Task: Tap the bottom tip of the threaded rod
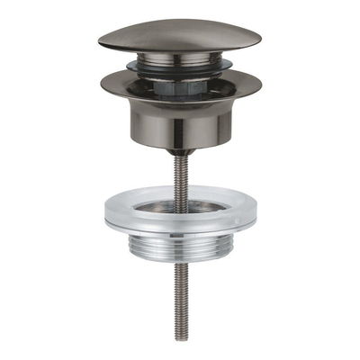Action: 180,340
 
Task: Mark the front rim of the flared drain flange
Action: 180,102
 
